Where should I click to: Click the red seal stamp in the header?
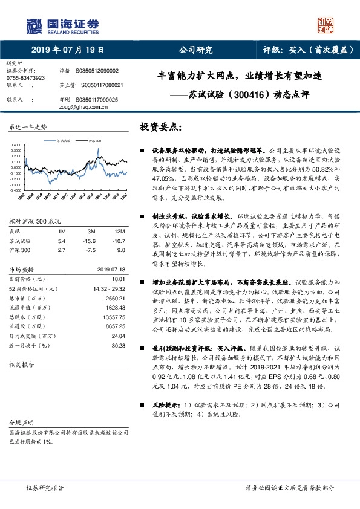click(326, 25)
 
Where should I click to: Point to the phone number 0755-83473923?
click(25, 78)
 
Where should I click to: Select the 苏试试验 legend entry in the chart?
click(64, 140)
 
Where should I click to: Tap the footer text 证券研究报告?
click(45, 487)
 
